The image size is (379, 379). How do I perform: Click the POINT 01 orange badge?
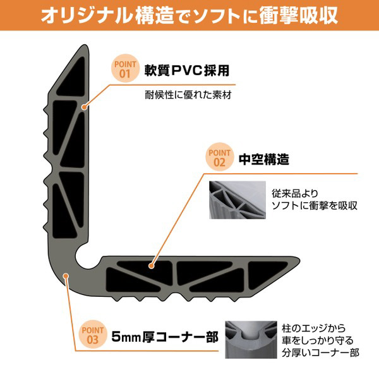click(124, 69)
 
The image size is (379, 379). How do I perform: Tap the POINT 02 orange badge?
click(220, 158)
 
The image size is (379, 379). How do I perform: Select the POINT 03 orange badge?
click(93, 335)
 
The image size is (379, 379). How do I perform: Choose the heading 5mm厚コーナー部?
click(163, 335)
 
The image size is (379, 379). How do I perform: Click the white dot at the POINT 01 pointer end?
click(83, 109)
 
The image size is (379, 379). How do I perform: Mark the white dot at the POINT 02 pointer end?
click(151, 267)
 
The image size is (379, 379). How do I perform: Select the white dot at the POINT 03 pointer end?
click(68, 275)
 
